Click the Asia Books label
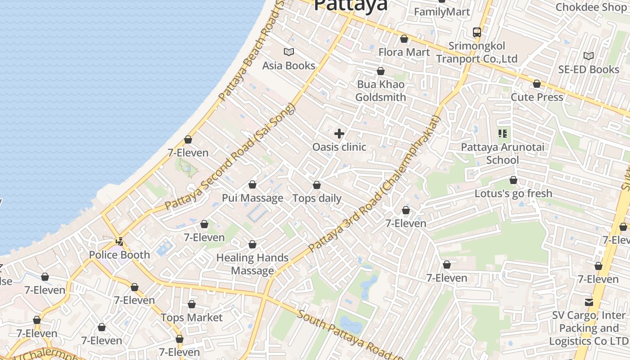289,66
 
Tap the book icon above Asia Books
289,52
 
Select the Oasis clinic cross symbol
339,134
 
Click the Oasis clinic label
339,147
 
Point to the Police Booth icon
120,241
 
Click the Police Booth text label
119,255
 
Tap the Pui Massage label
252,198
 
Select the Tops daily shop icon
317,185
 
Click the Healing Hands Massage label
252,264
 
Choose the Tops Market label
192,318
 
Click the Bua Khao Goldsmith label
381,91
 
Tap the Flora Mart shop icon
404,39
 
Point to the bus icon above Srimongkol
477,32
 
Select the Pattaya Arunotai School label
503,153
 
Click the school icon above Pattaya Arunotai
503,134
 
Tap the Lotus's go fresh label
513,193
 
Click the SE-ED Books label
589,69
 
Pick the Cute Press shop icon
537,84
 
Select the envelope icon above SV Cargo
589,302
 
